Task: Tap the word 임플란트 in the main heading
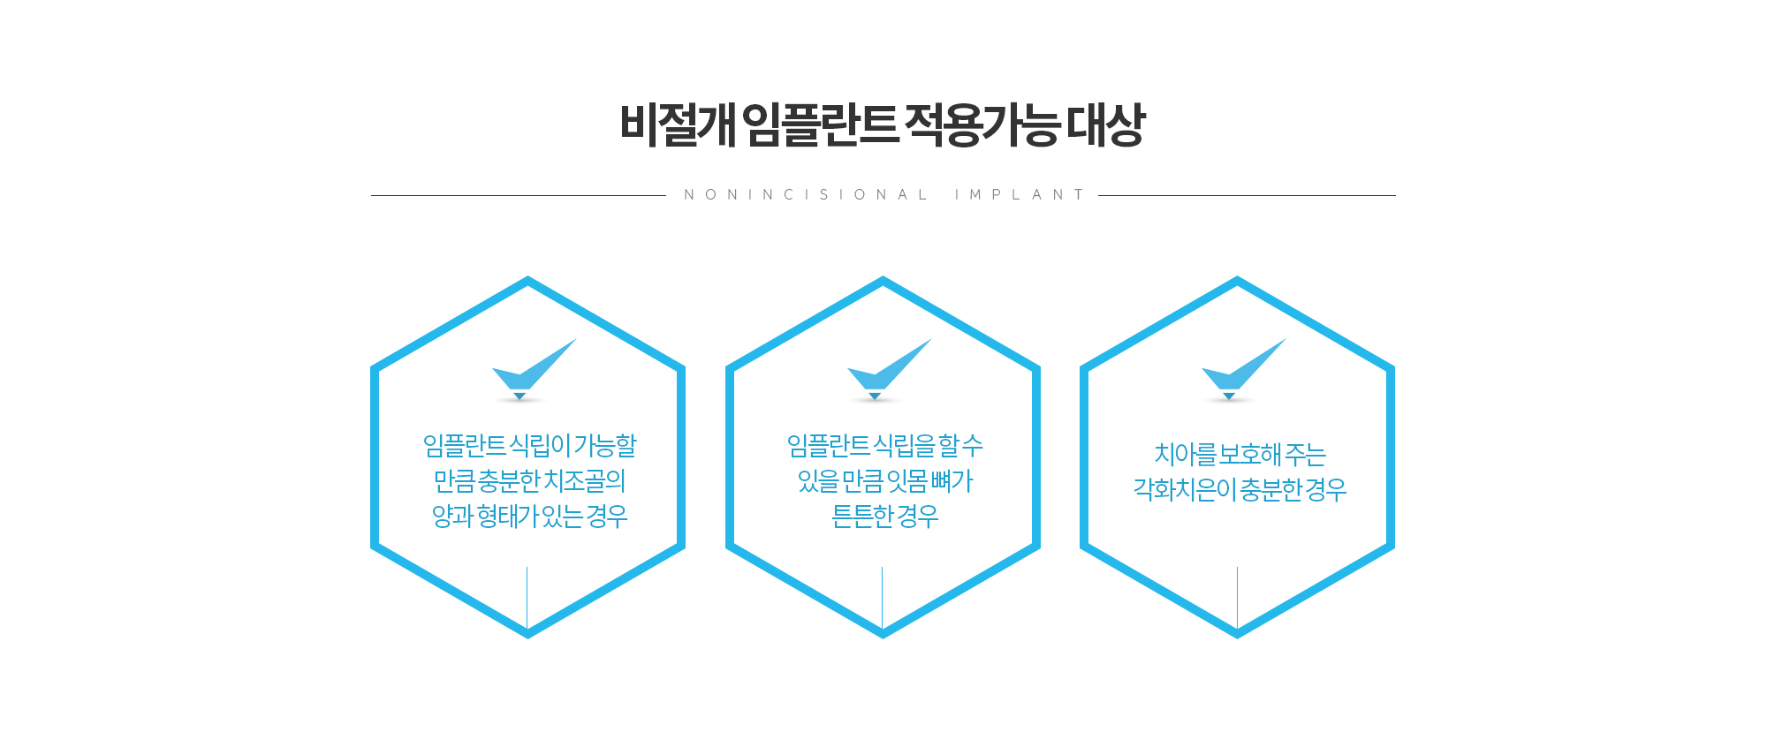(x=820, y=125)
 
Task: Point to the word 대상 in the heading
(x=1105, y=125)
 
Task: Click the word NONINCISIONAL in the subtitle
(x=805, y=195)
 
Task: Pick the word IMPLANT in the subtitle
(x=1019, y=195)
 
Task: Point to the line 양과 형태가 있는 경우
(x=529, y=517)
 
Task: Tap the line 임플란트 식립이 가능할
(x=529, y=446)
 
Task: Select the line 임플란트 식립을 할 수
(x=884, y=446)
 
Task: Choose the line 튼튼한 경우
(x=884, y=517)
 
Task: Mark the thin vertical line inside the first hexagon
(x=527, y=597)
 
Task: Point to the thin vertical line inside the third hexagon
(x=1237, y=597)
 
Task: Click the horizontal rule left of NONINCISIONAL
(x=518, y=195)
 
